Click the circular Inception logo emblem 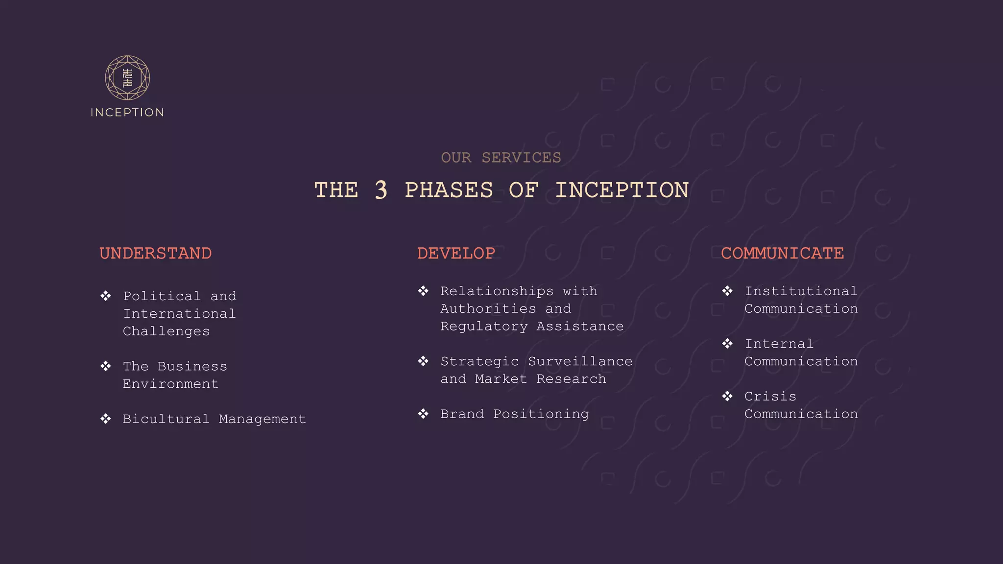tap(127, 78)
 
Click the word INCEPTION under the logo tap(127, 113)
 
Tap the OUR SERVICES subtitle tap(501, 158)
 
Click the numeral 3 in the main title tap(381, 190)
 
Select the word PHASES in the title tap(449, 190)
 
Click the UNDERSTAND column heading tap(156, 253)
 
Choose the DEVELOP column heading tap(456, 253)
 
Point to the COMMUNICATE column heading tap(782, 253)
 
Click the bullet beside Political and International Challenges tap(106, 296)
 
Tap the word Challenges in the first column tap(166, 331)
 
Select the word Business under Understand tap(192, 366)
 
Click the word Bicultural tap(166, 419)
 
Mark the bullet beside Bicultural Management tap(106, 419)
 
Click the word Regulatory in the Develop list tap(484, 327)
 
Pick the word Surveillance tap(580, 361)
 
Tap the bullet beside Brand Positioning tap(423, 414)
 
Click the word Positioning tap(541, 414)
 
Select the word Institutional tap(801, 291)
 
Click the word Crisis tap(770, 397)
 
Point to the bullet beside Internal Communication tap(727, 344)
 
